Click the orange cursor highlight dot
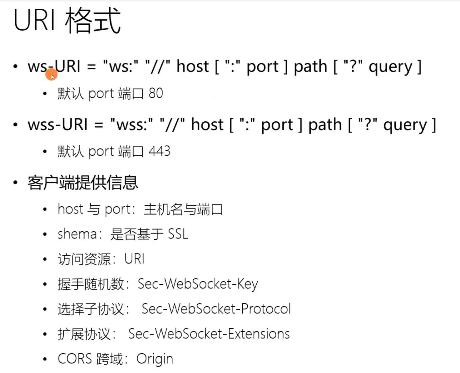[52, 75]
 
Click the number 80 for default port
[156, 93]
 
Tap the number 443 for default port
[159, 151]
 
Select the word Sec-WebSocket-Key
[198, 284]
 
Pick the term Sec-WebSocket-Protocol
[216, 309]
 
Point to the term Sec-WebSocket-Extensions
[209, 334]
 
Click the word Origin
[155, 359]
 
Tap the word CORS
[75, 359]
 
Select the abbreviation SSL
[178, 234]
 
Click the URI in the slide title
[34, 21]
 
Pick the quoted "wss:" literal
[131, 125]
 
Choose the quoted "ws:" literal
[121, 66]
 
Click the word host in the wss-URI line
[207, 125]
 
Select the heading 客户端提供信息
[83, 183]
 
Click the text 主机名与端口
[183, 209]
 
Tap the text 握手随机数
[91, 284]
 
